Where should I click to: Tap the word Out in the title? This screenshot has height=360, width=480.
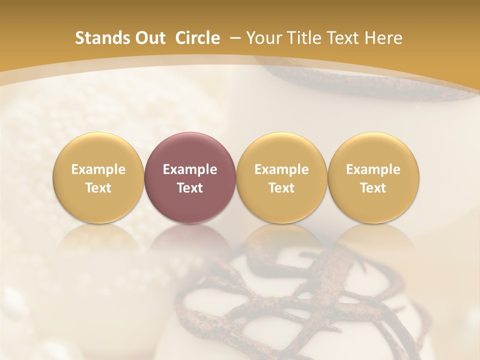coord(149,38)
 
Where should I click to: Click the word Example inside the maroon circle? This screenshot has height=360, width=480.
coord(190,169)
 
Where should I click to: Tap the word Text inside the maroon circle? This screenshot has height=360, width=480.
coord(190,188)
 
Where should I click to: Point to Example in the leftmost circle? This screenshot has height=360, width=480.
coord(98,169)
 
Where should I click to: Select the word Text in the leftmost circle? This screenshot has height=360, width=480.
coord(98,188)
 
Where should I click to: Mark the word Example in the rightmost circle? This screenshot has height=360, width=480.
coord(373,169)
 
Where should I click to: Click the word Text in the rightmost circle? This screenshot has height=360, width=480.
coord(373,188)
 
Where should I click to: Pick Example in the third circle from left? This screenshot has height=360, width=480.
coord(281,169)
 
